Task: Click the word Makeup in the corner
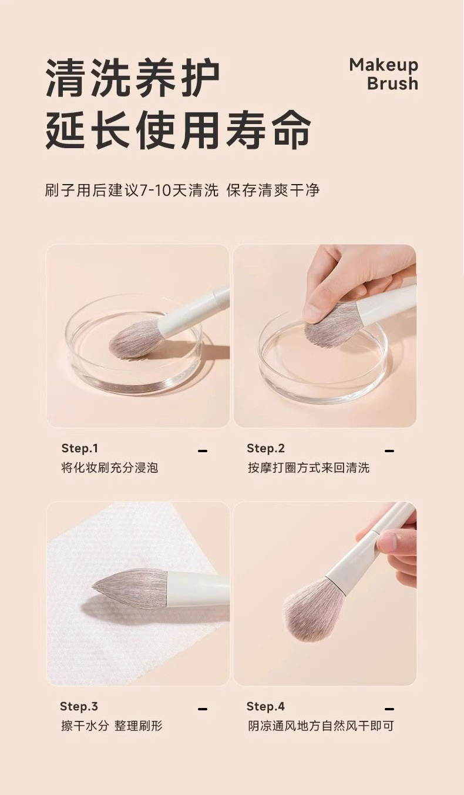click(x=384, y=65)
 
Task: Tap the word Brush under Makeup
click(x=392, y=83)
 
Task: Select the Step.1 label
click(x=80, y=448)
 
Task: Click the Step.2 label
click(x=265, y=448)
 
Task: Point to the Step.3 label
click(x=79, y=706)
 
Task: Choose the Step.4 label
click(x=265, y=706)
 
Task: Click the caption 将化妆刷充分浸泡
click(x=109, y=468)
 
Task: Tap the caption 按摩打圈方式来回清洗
click(x=309, y=468)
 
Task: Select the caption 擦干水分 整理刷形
click(x=112, y=726)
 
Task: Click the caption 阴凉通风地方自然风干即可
click(x=321, y=726)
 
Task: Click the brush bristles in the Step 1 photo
click(x=134, y=339)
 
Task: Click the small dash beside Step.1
click(x=203, y=451)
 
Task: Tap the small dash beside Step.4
click(x=389, y=709)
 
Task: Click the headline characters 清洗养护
click(x=133, y=78)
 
